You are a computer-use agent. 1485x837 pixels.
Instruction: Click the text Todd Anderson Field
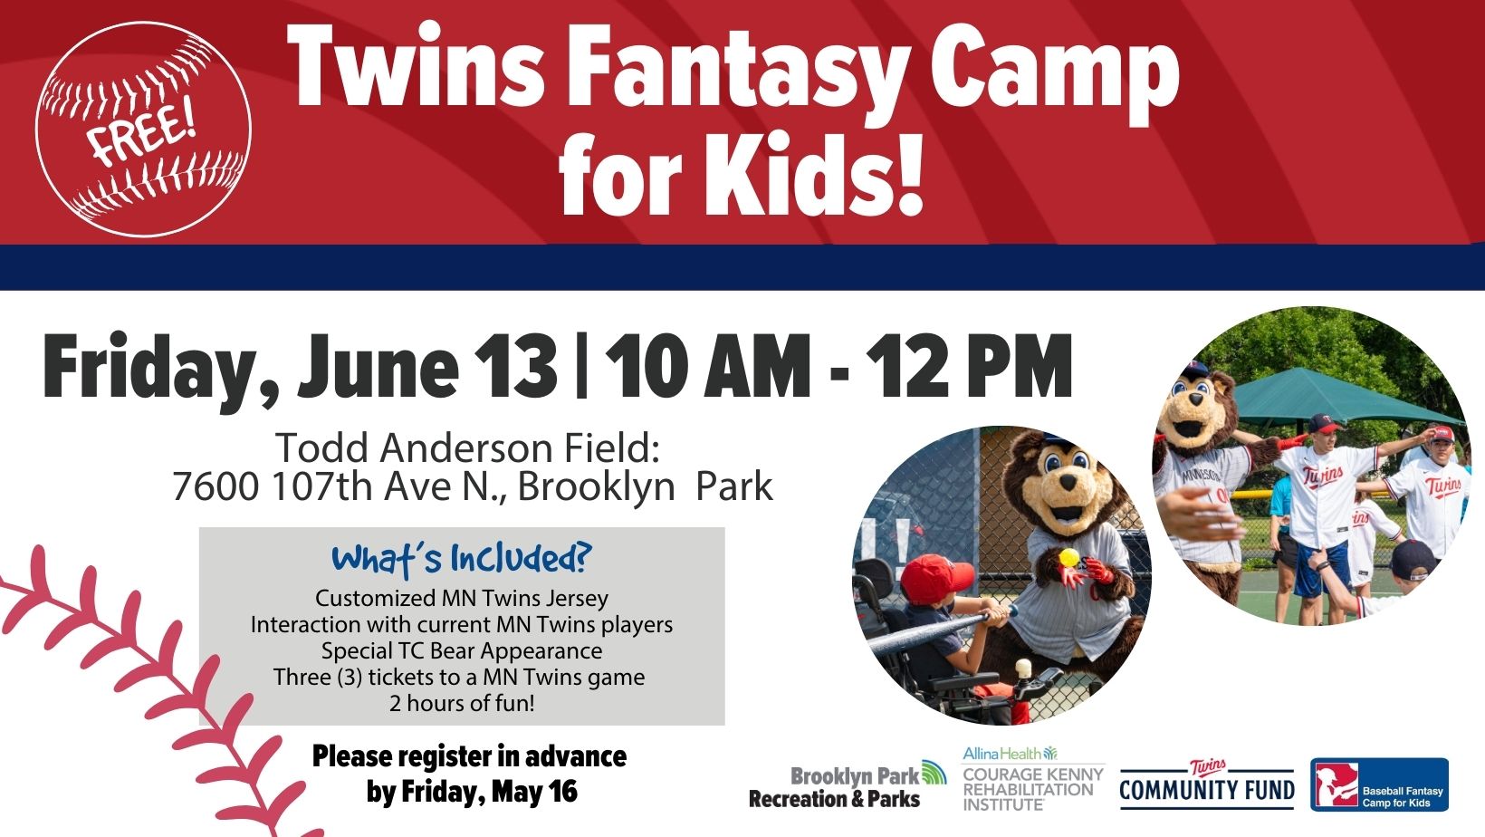pos(468,447)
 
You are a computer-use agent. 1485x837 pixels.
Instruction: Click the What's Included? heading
pos(461,558)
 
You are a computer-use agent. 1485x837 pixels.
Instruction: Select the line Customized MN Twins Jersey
pos(462,598)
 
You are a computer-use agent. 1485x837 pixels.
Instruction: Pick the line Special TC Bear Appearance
pos(462,650)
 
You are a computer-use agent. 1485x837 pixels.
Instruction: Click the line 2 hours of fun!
pos(462,703)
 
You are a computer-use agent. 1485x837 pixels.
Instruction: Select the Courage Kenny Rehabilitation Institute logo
pos(1033,780)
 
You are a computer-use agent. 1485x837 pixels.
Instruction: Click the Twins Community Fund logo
pos(1207,785)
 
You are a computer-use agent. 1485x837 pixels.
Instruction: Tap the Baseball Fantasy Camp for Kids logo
pos(1379,784)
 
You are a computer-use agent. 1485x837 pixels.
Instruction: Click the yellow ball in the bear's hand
pos(1070,557)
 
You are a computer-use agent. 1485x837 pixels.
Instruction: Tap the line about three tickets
pos(459,677)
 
